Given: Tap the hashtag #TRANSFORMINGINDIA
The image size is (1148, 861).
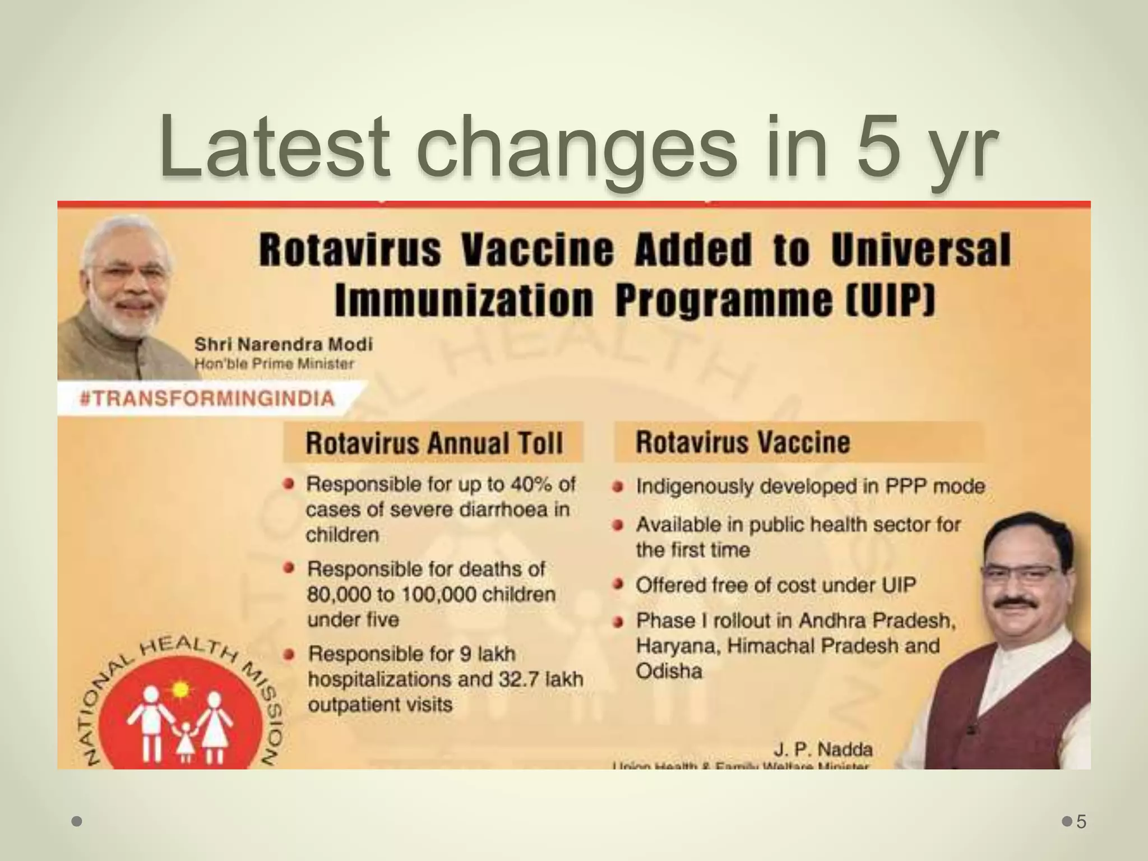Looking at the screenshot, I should click(x=207, y=399).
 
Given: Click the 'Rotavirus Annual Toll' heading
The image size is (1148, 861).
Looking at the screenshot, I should click(x=434, y=443).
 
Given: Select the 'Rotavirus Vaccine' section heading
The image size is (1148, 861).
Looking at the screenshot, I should click(x=742, y=442).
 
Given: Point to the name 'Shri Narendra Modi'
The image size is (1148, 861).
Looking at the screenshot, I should click(x=283, y=344).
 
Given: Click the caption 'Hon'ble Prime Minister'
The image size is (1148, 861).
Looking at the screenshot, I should click(x=274, y=364).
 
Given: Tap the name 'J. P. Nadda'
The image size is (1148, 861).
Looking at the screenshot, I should click(x=823, y=749).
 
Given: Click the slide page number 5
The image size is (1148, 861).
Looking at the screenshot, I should click(x=1081, y=822).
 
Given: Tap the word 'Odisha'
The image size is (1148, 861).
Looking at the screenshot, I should click(x=669, y=671).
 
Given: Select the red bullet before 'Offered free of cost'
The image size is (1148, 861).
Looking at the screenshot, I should click(x=618, y=585).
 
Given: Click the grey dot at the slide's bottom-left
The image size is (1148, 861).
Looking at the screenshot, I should click(x=77, y=822).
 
